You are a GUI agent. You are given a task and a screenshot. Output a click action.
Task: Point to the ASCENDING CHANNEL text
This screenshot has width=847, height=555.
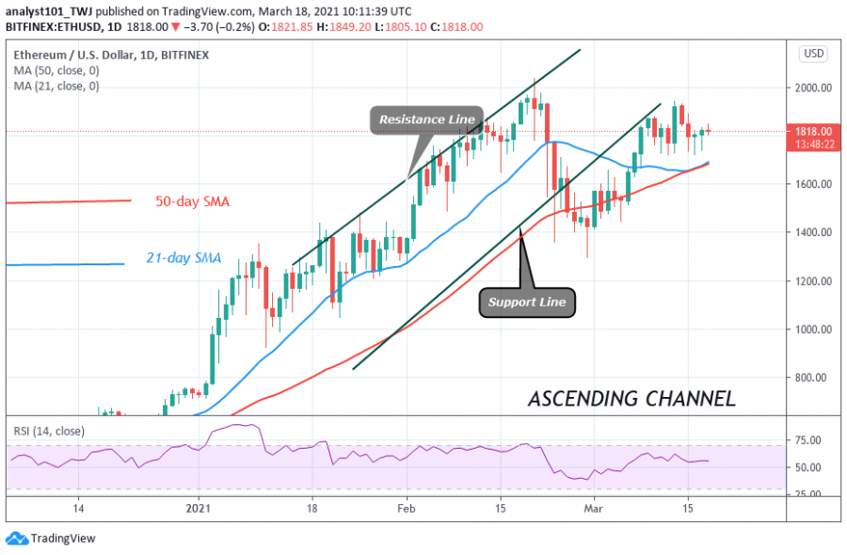(631, 398)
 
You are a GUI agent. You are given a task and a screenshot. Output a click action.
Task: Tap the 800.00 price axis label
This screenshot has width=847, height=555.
(816, 378)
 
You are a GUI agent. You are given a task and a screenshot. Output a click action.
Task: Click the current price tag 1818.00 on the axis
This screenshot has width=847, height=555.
(814, 132)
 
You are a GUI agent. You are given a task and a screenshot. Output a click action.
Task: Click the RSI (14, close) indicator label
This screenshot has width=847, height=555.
(48, 432)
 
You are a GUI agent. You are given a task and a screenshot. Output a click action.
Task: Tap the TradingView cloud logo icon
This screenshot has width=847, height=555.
(16, 539)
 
